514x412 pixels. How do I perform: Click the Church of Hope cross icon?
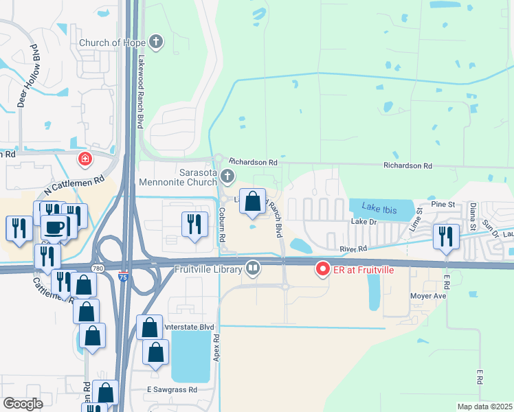point(157,43)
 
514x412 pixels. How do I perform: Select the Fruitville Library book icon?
point(253,268)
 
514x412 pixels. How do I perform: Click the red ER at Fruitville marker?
point(322,269)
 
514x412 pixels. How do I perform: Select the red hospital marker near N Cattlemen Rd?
point(85,160)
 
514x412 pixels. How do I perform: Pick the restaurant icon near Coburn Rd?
point(194,222)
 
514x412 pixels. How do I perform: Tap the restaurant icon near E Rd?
point(447,236)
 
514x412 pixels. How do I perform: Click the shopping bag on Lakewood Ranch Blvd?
point(253,201)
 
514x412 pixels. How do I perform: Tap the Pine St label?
point(443,205)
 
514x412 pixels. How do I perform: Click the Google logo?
point(23,404)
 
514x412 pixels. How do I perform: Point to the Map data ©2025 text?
point(484,407)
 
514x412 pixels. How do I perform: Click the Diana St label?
point(473,214)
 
